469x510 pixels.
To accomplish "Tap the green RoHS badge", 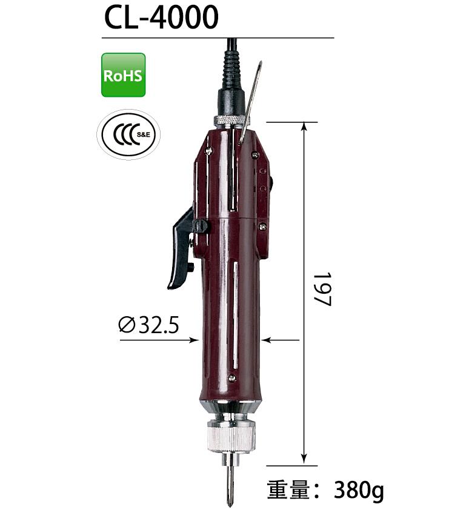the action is [x=124, y=75].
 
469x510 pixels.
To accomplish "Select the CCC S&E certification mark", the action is [x=128, y=134].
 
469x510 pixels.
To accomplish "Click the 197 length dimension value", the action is [x=323, y=290].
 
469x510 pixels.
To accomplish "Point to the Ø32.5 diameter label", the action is [x=148, y=325].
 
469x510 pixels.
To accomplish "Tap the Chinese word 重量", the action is [x=288, y=489].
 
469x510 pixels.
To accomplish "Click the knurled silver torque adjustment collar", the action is [x=231, y=436].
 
